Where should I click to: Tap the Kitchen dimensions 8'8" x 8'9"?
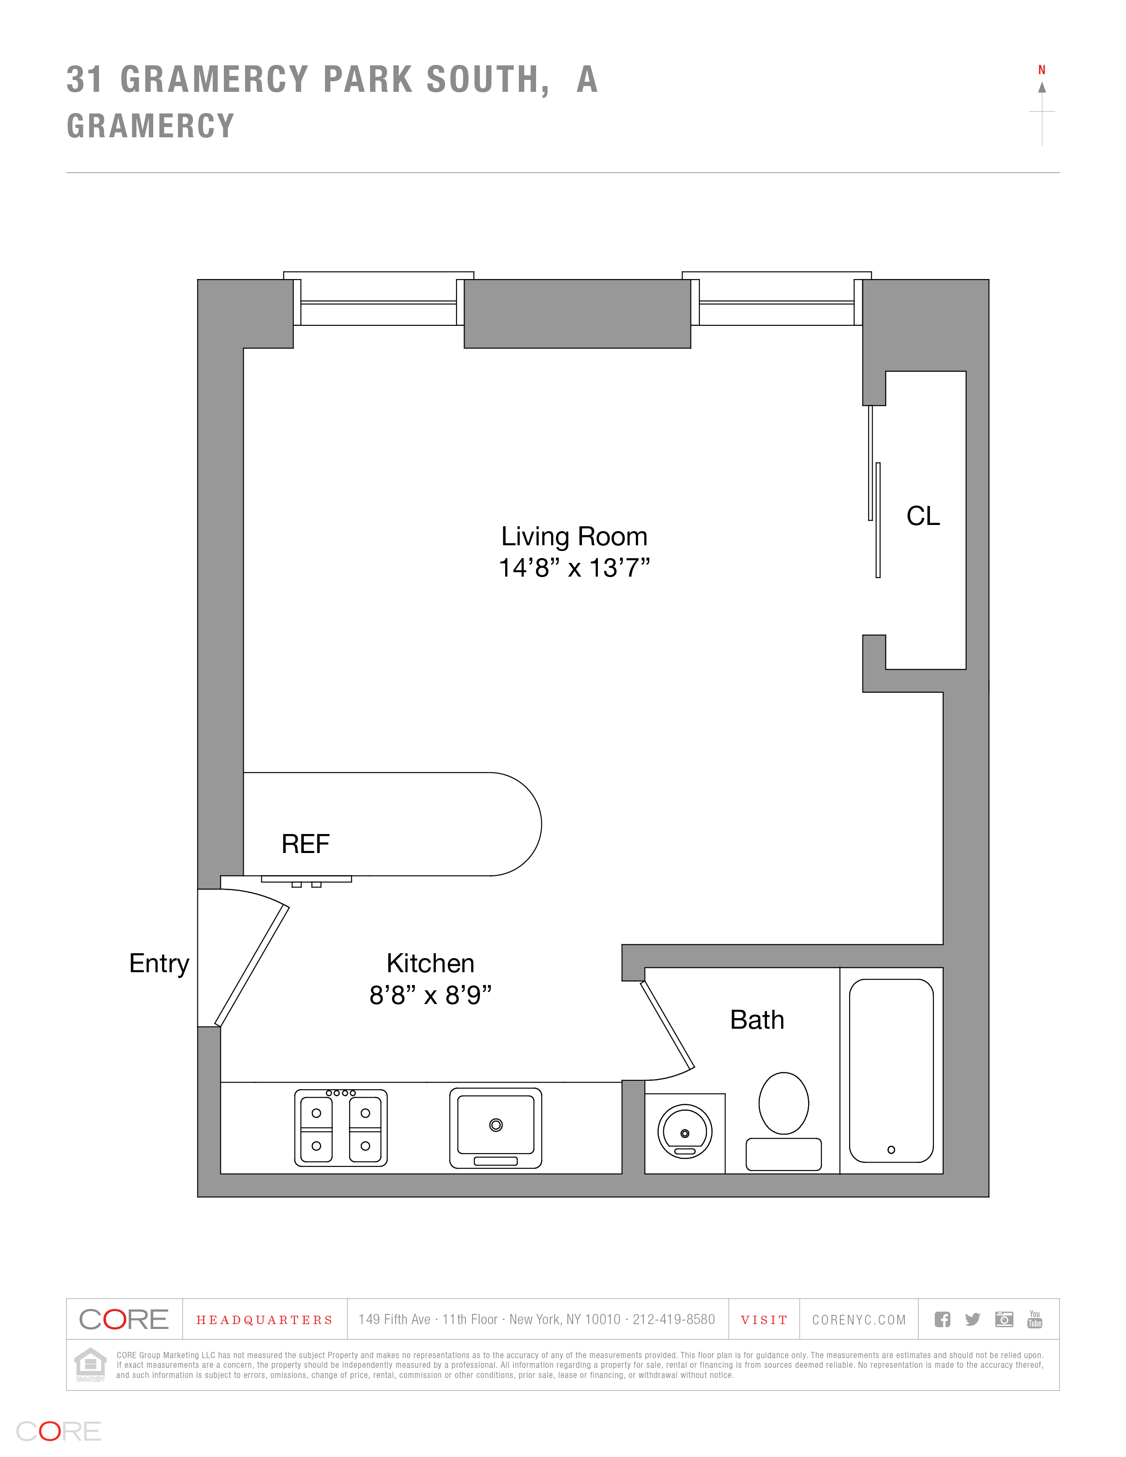(x=430, y=995)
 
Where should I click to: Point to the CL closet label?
(x=922, y=516)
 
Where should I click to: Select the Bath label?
(x=756, y=1019)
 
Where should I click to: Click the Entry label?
(x=159, y=963)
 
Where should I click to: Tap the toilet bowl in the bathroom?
(x=784, y=1103)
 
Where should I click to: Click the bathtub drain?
(x=891, y=1149)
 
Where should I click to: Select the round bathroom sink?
(x=684, y=1132)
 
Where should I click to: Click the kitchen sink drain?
(x=495, y=1125)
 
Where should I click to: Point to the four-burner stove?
(x=341, y=1128)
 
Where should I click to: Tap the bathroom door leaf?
(x=667, y=1025)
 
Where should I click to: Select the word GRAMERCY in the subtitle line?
(x=151, y=126)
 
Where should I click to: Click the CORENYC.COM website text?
(x=858, y=1320)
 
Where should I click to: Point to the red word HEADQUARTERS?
(x=264, y=1320)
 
